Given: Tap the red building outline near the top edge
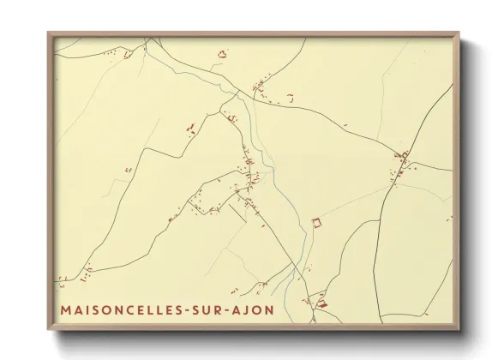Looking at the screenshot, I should coord(223,54).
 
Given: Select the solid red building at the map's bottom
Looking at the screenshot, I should coord(323,303).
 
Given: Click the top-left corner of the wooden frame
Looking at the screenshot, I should coord(48,33).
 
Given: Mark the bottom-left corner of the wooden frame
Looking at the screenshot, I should coord(48,330).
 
